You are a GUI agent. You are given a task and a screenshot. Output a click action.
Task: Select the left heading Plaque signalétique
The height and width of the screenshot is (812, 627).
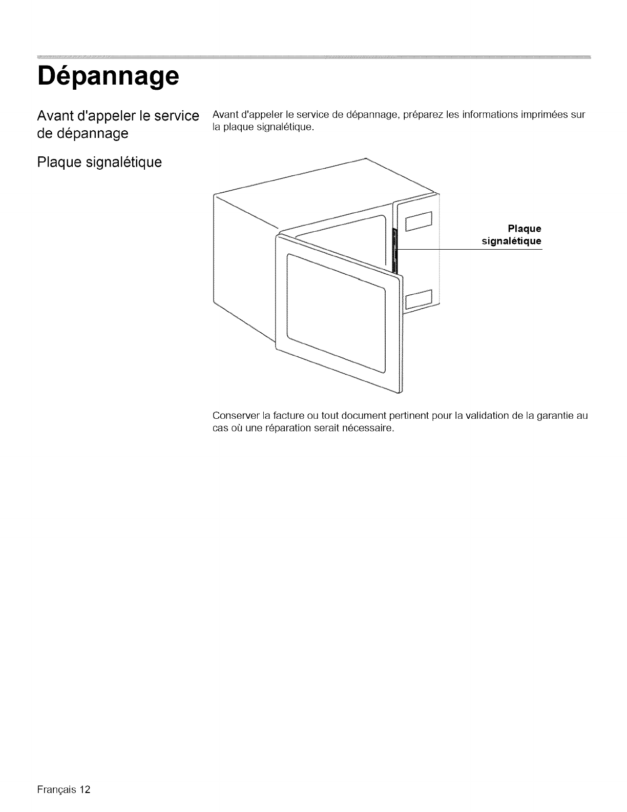(99, 163)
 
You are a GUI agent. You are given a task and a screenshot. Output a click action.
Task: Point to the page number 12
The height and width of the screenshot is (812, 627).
(85, 789)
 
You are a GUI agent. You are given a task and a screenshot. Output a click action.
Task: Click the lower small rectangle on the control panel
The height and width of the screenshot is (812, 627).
(419, 300)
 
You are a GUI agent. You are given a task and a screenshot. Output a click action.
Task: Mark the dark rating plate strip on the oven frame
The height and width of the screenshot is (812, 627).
(394, 251)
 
